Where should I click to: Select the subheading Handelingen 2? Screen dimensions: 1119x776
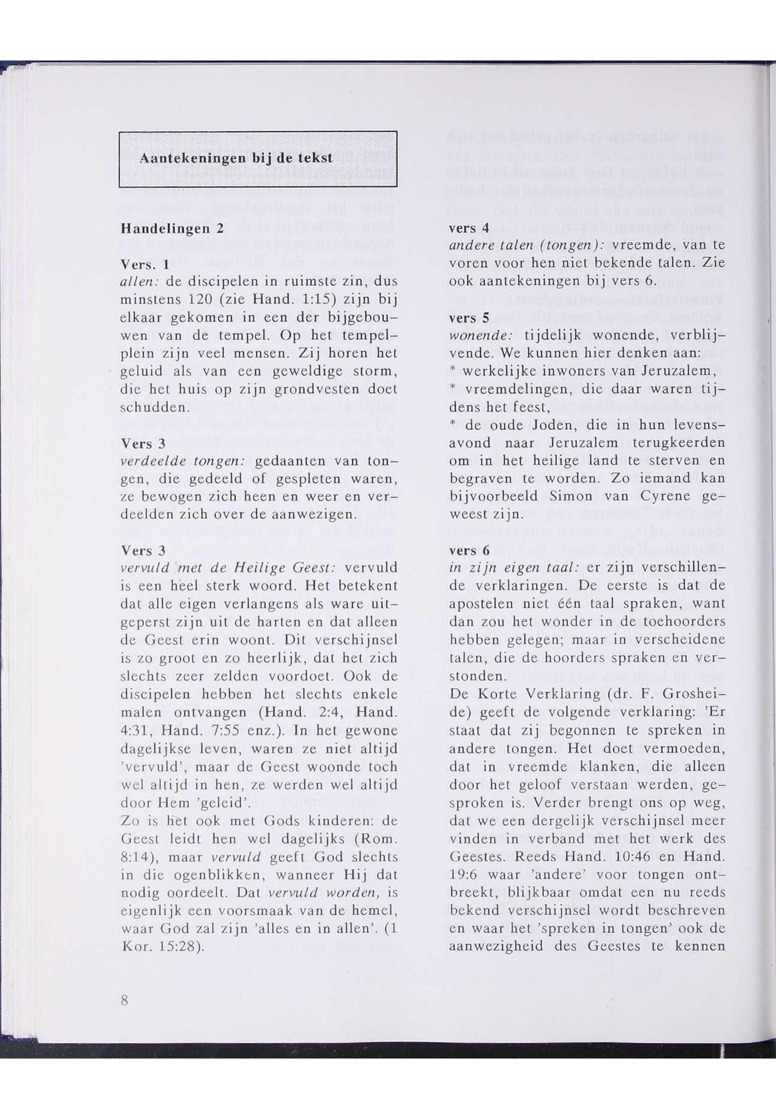point(172,228)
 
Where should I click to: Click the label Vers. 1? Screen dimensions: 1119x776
point(144,265)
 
